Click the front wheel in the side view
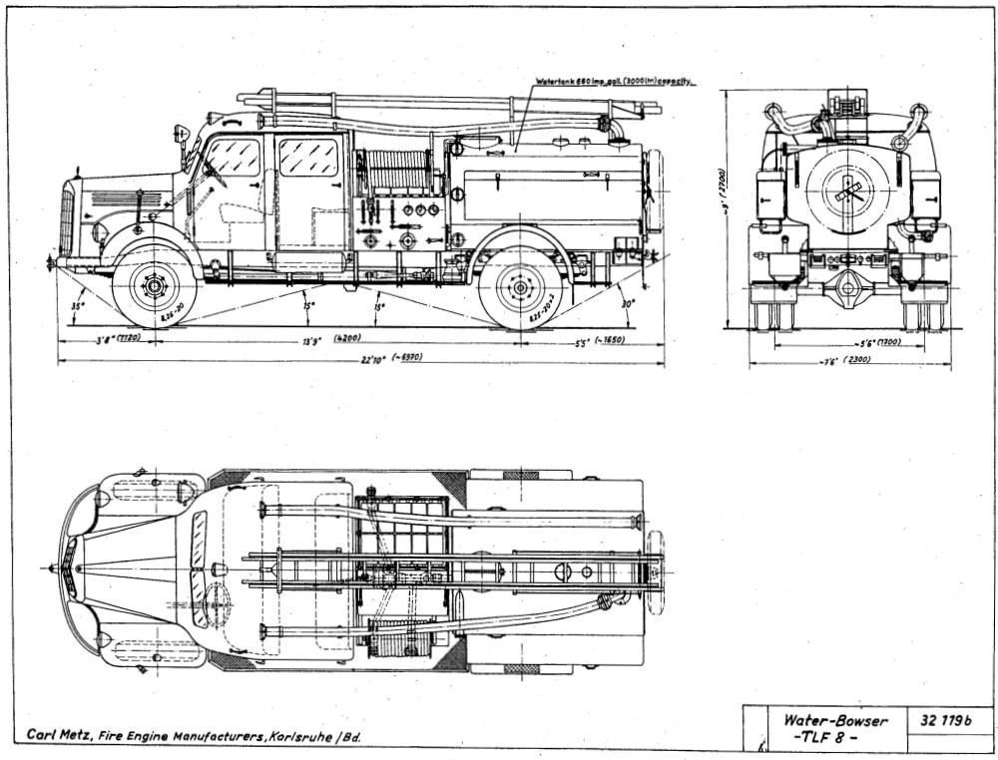coord(155,287)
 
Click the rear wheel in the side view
coord(520,288)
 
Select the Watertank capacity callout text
coord(614,81)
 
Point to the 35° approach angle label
coord(75,307)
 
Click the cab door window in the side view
coord(308,157)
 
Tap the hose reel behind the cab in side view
coord(396,171)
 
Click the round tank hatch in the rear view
coord(847,190)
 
